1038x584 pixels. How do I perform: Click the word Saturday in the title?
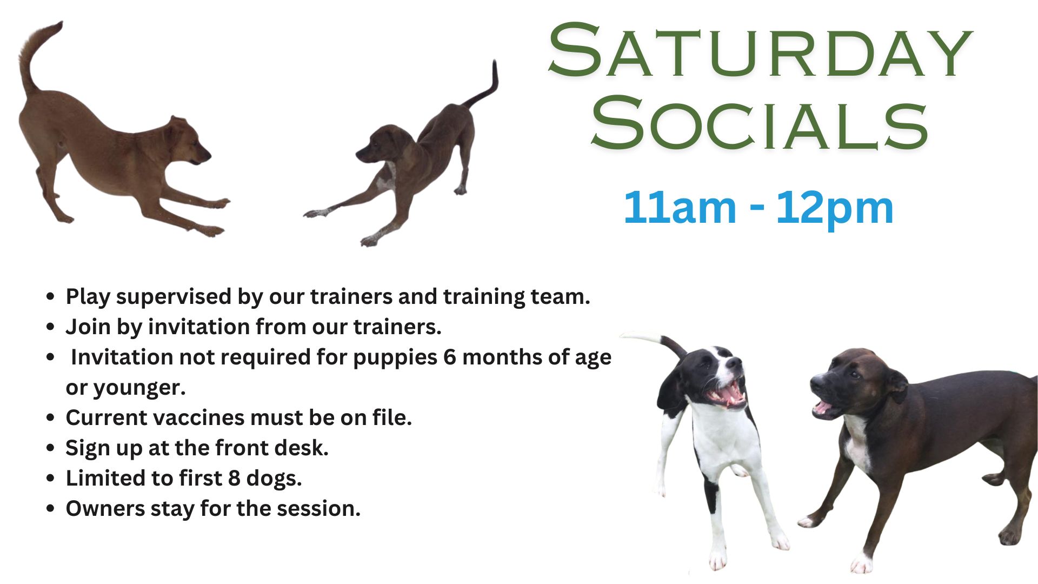point(761,51)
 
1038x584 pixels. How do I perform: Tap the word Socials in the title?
point(759,123)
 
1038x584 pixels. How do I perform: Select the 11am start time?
point(680,208)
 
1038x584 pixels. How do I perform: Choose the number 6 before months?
point(450,357)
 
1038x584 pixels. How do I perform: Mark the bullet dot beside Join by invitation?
point(50,327)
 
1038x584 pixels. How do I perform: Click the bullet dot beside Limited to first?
point(50,478)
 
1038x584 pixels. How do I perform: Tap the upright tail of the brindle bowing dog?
point(483,87)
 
